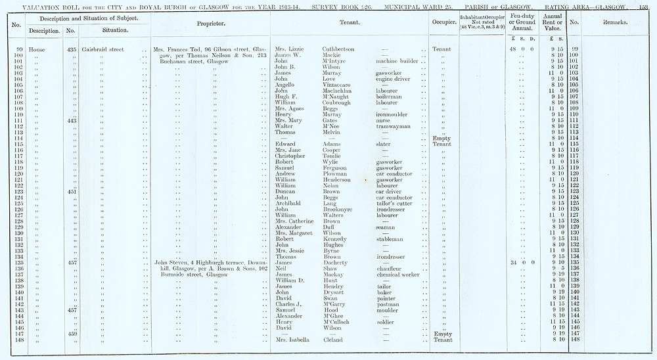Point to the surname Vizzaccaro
[339, 85]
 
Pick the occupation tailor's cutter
[395, 203]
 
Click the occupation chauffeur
[390, 268]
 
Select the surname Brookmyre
[340, 209]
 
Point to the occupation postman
[388, 304]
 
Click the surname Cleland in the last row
[334, 339]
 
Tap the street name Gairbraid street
[104, 49]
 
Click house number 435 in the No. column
[72, 49]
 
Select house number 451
[72, 191]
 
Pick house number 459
[72, 333]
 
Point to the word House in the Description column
[37, 49]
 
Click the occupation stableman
[390, 238]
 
